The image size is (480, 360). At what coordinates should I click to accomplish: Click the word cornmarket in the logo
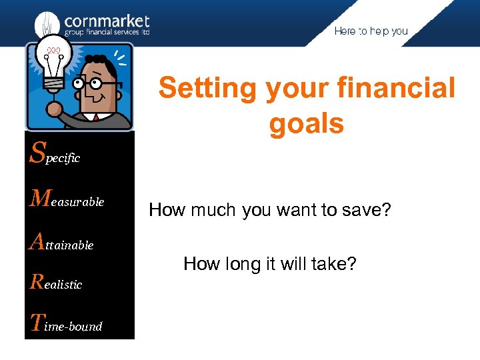[107, 21]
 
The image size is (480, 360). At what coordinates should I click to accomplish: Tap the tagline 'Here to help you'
[371, 31]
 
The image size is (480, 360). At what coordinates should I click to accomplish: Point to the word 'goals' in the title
[307, 123]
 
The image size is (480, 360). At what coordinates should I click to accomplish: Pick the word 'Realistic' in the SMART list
[57, 283]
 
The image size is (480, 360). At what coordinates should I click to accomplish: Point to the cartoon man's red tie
[96, 117]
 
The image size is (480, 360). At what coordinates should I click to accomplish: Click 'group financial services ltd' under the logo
[107, 33]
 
